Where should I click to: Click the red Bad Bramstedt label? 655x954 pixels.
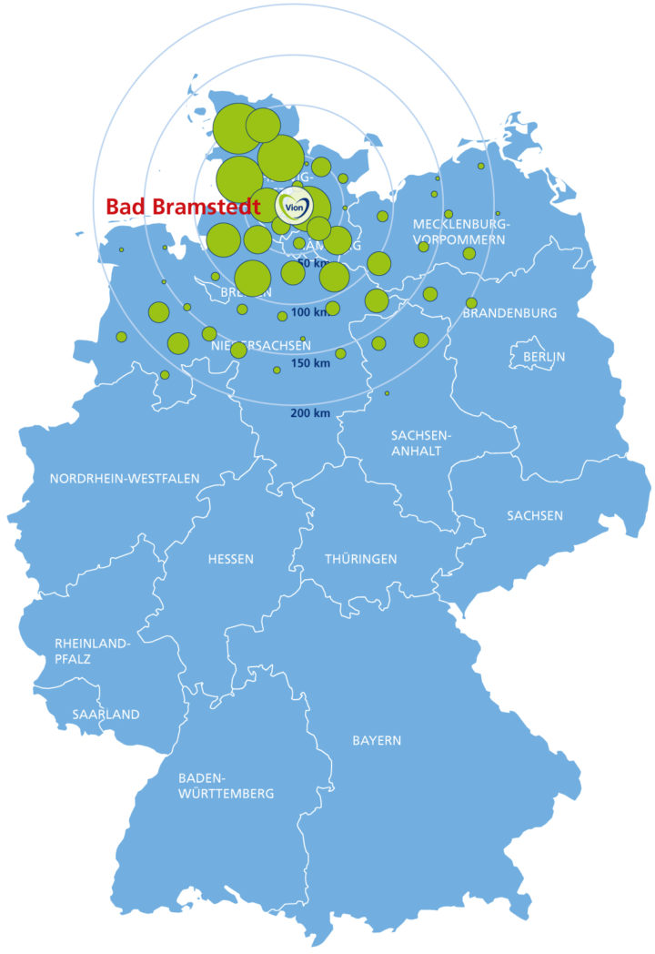click(x=183, y=207)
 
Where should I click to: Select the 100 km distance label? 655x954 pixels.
click(x=309, y=313)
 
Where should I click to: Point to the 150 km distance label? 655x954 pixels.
click(x=309, y=364)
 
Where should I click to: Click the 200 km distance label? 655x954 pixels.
click(x=309, y=413)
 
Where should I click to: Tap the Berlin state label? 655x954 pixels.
click(x=544, y=357)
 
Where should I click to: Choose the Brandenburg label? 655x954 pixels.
click(x=509, y=313)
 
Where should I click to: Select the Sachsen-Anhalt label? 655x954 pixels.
click(x=420, y=442)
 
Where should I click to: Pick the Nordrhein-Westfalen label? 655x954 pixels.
click(x=125, y=479)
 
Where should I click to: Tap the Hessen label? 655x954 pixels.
click(x=230, y=559)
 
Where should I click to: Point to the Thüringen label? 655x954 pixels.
click(x=361, y=559)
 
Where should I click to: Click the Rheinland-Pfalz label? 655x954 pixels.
click(x=92, y=651)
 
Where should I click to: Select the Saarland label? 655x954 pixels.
click(x=106, y=715)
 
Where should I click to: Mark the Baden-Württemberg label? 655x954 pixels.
click(x=226, y=786)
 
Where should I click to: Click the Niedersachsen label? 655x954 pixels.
click(x=260, y=346)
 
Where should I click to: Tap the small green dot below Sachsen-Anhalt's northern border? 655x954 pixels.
click(x=387, y=393)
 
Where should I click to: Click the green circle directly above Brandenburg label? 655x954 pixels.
click(x=471, y=303)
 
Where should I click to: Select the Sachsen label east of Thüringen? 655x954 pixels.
click(x=535, y=516)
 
